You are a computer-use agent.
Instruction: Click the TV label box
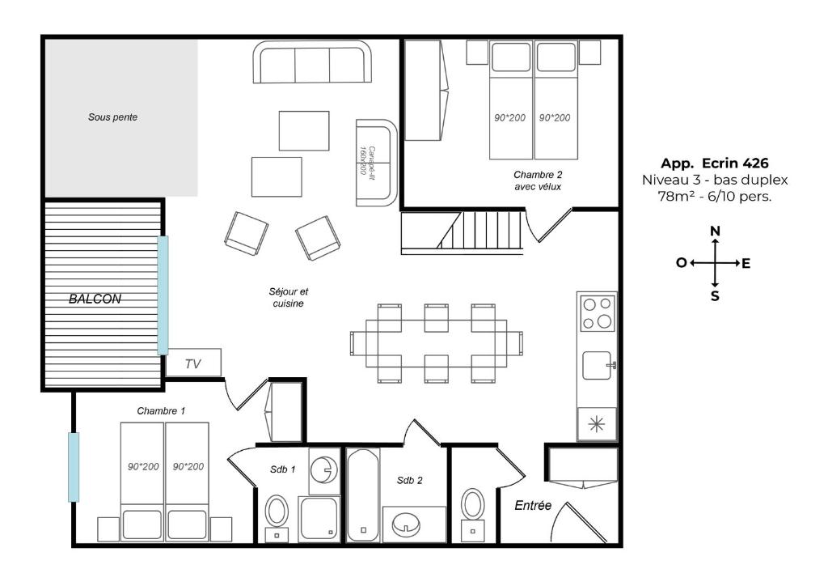[193, 363]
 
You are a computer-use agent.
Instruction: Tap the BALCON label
[95, 299]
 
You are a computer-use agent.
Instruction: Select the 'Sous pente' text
[112, 117]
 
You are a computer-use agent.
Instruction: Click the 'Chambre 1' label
[161, 410]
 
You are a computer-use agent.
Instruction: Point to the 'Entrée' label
[533, 506]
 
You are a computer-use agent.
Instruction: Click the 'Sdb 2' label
[410, 480]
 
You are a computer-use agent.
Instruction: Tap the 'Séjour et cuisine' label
[289, 298]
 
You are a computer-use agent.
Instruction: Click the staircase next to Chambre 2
[463, 232]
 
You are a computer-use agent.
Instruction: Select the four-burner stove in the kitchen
[598, 312]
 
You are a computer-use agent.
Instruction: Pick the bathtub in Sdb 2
[363, 495]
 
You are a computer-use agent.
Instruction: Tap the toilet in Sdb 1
[277, 517]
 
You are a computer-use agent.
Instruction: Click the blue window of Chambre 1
[74, 467]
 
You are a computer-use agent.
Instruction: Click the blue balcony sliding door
[163, 295]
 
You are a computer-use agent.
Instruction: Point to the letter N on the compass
[715, 231]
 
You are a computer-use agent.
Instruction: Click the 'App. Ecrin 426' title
[715, 163]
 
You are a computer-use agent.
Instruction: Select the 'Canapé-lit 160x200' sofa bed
[376, 163]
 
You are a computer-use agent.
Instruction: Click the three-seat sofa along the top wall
[312, 62]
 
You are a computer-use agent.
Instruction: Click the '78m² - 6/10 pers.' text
[715, 197]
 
